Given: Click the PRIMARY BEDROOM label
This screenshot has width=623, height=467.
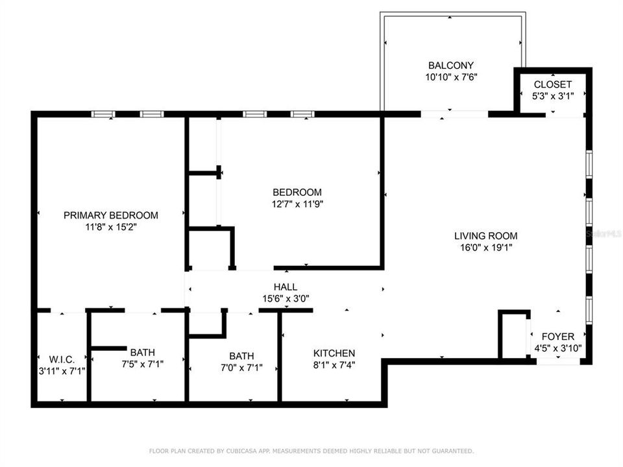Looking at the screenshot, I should coord(110,215).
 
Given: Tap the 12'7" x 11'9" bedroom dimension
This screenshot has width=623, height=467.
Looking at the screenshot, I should coord(297,204).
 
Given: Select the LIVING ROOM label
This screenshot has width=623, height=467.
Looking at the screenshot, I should coord(485,236).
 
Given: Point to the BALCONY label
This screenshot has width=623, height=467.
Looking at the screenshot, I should coord(450,66).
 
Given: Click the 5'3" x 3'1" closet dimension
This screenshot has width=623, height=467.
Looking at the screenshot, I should coord(552,96).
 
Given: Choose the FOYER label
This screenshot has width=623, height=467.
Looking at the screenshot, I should coord(557,337).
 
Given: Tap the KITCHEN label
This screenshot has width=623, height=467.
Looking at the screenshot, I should coord(334,353).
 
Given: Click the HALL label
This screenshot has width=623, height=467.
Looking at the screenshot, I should coord(285,287).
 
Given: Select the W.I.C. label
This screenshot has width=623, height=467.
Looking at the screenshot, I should coord(62,359).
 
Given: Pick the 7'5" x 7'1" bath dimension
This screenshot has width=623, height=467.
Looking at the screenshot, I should coord(141,364).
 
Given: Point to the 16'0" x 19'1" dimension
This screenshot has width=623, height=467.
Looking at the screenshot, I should coord(485,247).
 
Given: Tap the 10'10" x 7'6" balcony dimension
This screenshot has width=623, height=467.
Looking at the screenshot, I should coord(450,77).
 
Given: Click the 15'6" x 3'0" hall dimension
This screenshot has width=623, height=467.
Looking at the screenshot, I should coord(285,298).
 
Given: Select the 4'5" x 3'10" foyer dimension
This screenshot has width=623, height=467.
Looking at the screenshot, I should coord(557,348).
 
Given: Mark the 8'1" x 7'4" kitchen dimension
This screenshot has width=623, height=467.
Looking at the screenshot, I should coord(334,364).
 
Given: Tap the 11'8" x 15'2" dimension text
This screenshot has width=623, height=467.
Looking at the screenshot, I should coord(110,227).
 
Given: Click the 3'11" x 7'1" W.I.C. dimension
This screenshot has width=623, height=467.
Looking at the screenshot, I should coord(62,370).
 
